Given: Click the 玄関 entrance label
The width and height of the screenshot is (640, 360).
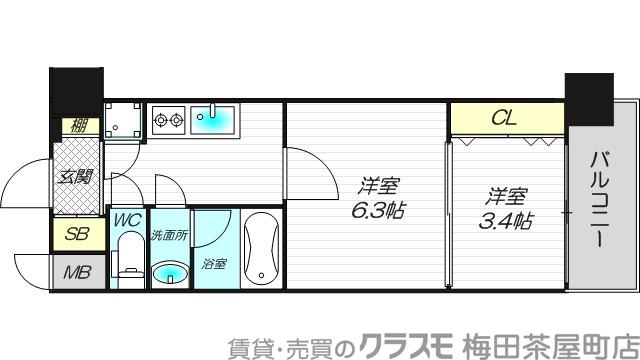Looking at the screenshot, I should point(75,178).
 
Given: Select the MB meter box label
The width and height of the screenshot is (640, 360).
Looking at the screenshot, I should point(75,273).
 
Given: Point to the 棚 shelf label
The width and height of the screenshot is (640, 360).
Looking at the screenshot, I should point(76,127).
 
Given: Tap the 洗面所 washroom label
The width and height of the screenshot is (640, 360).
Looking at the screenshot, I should point(169,236).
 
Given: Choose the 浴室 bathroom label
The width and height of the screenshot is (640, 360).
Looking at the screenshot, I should point(213,265).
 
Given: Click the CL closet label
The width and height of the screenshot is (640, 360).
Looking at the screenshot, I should point(505,117).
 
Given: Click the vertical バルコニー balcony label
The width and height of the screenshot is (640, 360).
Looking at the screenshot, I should point(601,201).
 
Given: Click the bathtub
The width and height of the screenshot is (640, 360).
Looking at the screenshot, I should point(262,249).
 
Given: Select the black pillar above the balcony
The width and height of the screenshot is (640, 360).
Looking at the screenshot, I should point(590,99).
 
